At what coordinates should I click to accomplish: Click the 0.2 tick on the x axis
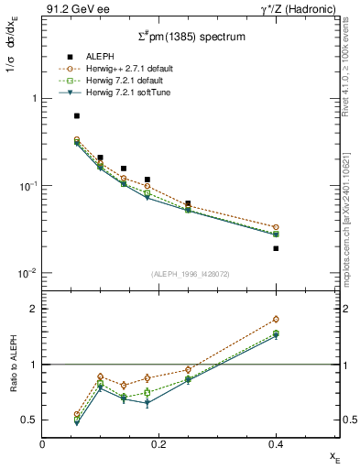coord(159,444)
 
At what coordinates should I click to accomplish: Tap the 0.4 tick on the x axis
coord(276,444)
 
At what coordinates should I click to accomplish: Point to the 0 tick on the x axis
coord(43,444)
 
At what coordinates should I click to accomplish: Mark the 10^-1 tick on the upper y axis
coord(27,186)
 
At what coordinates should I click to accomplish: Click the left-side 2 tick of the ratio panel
coord(33,309)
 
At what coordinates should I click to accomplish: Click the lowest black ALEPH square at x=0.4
coord(276,248)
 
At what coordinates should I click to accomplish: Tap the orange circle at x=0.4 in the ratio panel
coord(276,320)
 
